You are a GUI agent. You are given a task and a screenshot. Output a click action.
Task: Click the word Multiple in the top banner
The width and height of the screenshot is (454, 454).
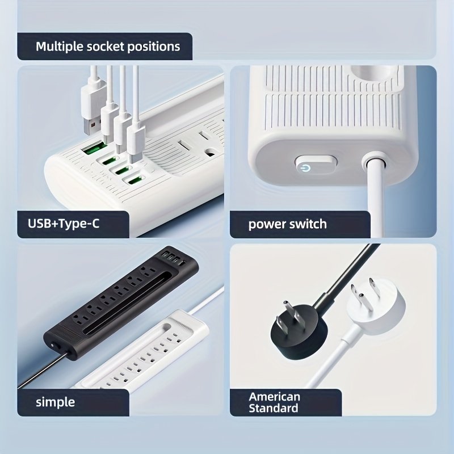60,47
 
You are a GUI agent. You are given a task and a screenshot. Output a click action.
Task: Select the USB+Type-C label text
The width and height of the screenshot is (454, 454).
64,224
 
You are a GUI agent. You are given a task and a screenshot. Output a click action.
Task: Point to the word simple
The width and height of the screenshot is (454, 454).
55,402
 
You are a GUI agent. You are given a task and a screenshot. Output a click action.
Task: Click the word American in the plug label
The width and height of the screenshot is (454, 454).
274,396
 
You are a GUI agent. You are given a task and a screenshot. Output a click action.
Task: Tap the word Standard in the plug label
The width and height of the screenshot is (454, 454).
274,408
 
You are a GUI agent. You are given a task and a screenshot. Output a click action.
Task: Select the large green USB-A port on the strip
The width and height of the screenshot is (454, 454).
93,148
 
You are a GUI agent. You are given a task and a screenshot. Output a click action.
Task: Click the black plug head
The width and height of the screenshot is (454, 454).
295,330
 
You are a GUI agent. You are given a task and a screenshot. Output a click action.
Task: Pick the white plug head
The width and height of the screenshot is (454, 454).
376,308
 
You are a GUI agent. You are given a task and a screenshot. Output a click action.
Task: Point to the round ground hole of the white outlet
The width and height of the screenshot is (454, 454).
211,152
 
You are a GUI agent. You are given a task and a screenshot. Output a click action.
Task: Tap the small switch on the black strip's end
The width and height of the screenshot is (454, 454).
54,344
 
